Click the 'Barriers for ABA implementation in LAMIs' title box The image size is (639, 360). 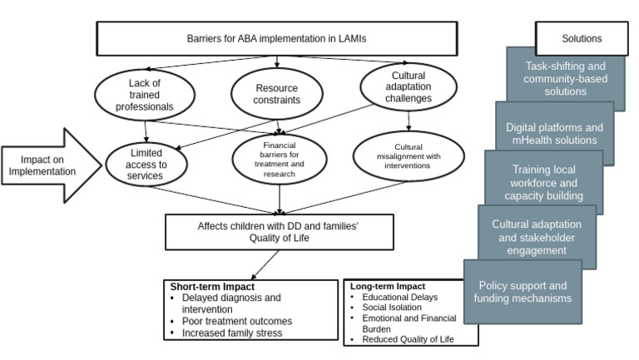pyautogui.click(x=277, y=38)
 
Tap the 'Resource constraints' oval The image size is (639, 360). pyautogui.click(x=275, y=93)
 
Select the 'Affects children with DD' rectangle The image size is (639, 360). pyautogui.click(x=279, y=232)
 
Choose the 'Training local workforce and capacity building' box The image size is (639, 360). pyautogui.click(x=545, y=182)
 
